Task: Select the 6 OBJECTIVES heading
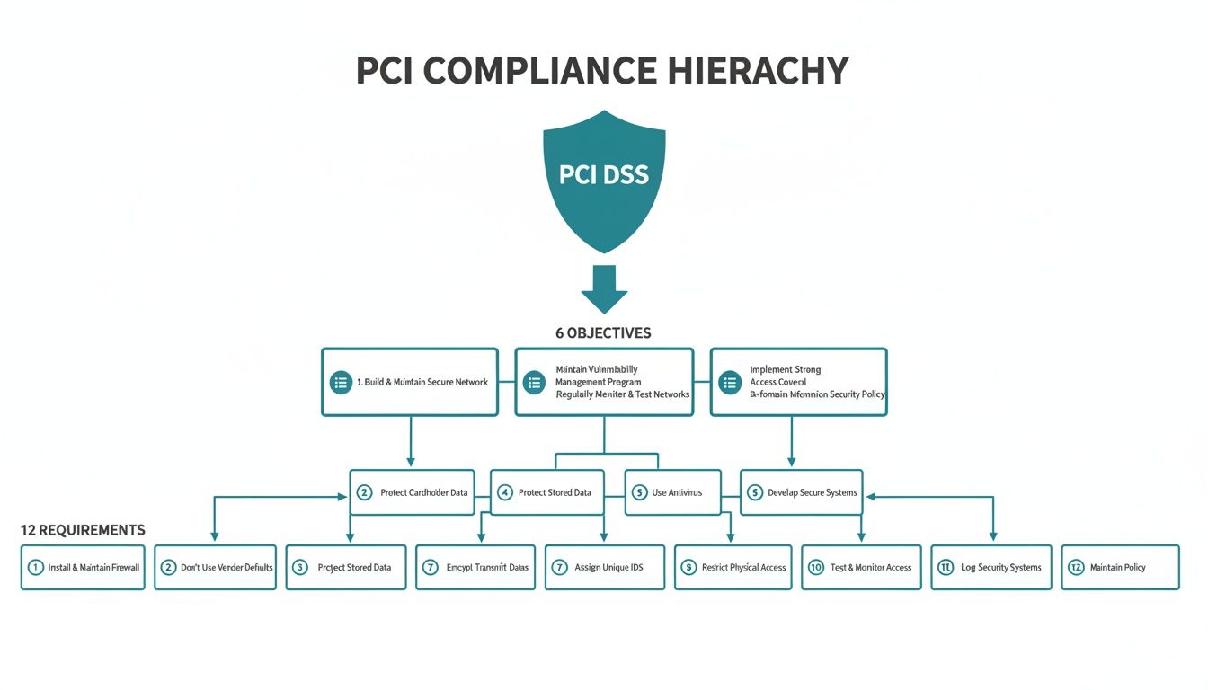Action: pos(603,333)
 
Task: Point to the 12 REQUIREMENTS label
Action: pos(83,530)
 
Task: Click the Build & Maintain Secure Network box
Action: pos(410,382)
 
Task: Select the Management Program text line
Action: pos(598,382)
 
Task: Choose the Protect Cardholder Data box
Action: pos(412,492)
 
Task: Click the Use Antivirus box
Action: pos(672,492)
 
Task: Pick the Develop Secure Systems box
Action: pos(801,492)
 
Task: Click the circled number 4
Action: pos(504,492)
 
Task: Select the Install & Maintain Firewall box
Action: pos(83,567)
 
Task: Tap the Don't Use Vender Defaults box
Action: pos(215,567)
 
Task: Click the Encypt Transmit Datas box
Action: pos(475,567)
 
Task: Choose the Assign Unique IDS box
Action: pos(604,567)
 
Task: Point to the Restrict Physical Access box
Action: pos(733,567)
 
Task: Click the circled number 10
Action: pos(816,567)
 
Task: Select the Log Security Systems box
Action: pos(990,567)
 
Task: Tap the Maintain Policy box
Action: pos(1120,567)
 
